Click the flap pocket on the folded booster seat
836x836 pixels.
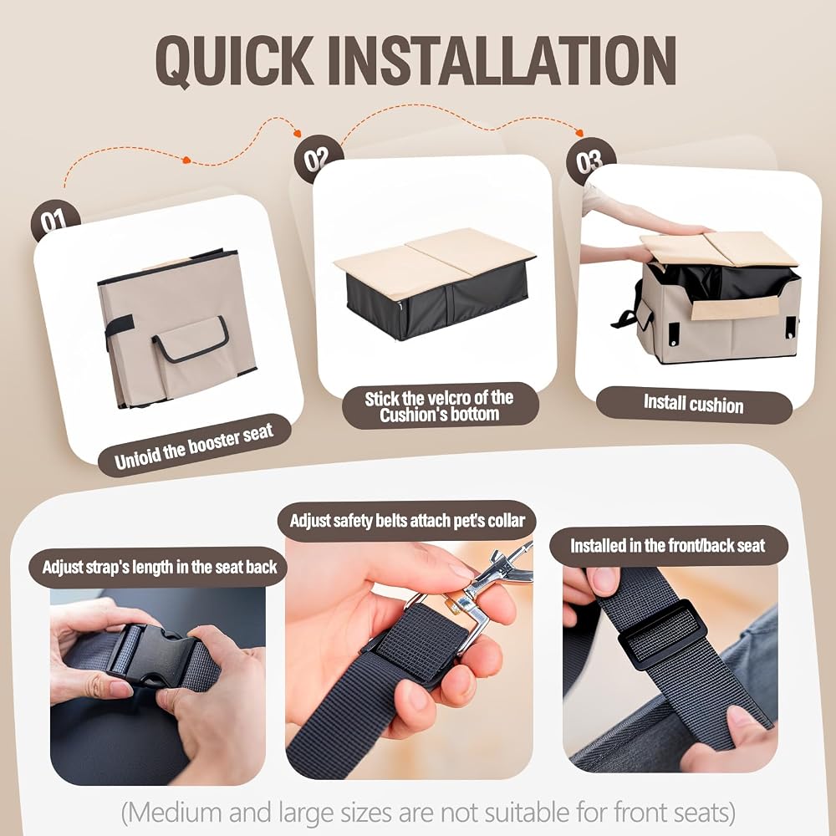pos(191,339)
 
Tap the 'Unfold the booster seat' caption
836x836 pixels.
pos(195,446)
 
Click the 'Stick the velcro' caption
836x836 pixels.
pos(439,405)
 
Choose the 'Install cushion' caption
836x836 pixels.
pos(693,404)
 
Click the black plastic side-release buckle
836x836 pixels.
pos(152,655)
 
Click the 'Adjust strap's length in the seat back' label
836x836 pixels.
pos(160,567)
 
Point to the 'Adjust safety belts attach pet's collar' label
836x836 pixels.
pos(407,520)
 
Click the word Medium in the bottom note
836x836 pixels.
pos(176,813)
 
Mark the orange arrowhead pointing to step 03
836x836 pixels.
pos(579,132)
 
